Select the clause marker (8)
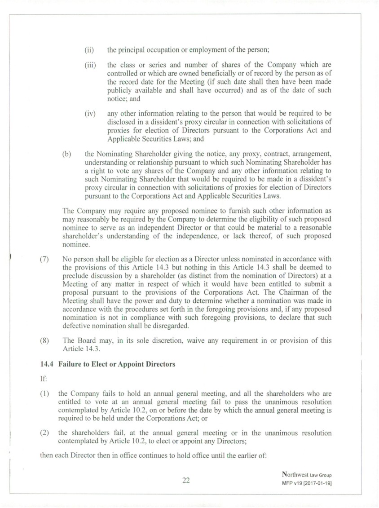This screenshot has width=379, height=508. point(44,340)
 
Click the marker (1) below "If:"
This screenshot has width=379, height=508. point(44,393)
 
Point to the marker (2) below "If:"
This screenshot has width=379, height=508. point(44,433)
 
